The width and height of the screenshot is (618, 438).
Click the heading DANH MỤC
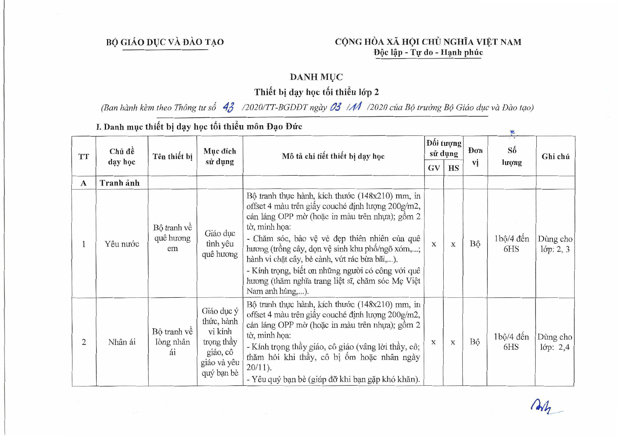pos(316,77)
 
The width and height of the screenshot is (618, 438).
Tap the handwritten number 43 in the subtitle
pos(228,107)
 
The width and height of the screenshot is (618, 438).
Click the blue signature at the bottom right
pos(545,406)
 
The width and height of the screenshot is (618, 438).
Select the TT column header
pos(84,156)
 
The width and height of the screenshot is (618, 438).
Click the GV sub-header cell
pos(434,168)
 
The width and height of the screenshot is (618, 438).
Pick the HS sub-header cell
pos(453,168)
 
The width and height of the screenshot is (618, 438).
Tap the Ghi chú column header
pos(555,156)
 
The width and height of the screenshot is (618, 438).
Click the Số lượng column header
pos(512,156)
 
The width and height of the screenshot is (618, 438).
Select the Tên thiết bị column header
pos(173,156)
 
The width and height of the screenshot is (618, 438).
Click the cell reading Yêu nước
pos(122,244)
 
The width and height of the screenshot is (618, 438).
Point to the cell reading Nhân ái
pos(122,342)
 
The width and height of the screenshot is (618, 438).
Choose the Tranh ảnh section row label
pos(120,183)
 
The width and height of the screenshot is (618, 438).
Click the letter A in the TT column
pos(84,183)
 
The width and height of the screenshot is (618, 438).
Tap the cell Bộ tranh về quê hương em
pos(173,238)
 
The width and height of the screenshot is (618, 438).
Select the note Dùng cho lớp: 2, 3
pos(555,244)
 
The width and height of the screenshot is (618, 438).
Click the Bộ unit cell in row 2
pos(475,342)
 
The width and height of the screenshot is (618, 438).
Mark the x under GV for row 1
pos(434,244)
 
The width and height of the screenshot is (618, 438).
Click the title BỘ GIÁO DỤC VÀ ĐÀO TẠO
pos(165,42)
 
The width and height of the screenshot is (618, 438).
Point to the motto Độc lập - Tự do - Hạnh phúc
pos(428,52)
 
